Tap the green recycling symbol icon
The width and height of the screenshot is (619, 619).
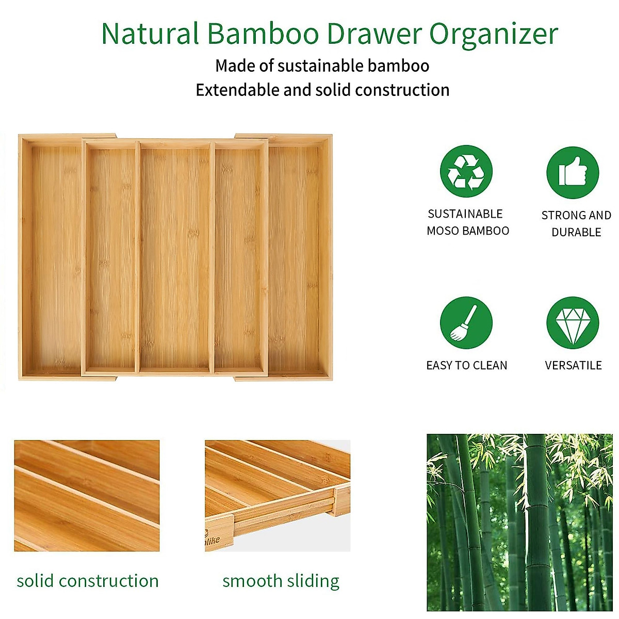pyautogui.click(x=466, y=171)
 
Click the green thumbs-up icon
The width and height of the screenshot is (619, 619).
pyautogui.click(x=573, y=173)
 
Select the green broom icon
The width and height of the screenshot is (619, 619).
pyautogui.click(x=466, y=323)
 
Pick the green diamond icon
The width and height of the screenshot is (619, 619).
pyautogui.click(x=573, y=323)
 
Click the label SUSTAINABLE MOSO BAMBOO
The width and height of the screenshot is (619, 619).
pyautogui.click(x=467, y=222)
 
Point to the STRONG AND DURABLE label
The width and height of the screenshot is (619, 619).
pyautogui.click(x=576, y=223)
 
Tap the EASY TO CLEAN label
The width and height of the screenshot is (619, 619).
pyautogui.click(x=467, y=365)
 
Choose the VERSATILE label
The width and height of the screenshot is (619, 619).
pyautogui.click(x=573, y=365)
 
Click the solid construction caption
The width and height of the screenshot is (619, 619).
pyautogui.click(x=88, y=581)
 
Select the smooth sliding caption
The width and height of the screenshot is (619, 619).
pyautogui.click(x=281, y=581)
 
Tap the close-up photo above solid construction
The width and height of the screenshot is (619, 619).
pyautogui.click(x=87, y=495)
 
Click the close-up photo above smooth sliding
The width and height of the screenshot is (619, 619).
pyautogui.click(x=278, y=495)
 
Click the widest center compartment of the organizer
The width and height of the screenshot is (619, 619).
pyautogui.click(x=175, y=258)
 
